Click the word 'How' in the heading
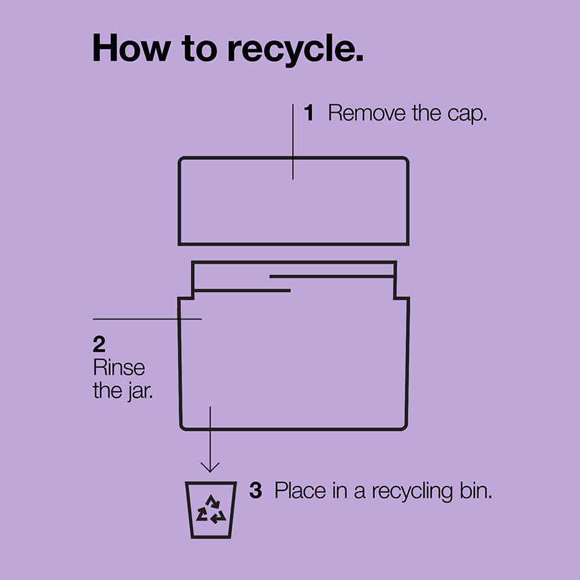[131, 48]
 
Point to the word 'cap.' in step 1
[467, 115]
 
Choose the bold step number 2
[99, 344]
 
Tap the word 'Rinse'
[119, 367]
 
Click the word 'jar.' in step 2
[140, 391]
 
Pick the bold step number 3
[256, 490]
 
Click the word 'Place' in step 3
[300, 490]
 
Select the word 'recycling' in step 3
[412, 492]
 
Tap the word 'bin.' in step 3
[476, 490]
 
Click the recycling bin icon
[211, 510]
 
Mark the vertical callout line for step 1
[293, 142]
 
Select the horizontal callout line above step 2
[147, 318]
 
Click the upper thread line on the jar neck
[332, 276]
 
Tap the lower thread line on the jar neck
[242, 291]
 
